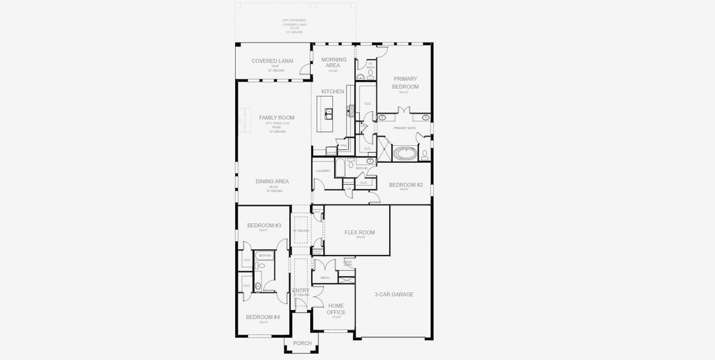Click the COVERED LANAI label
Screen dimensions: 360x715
coord(268,61)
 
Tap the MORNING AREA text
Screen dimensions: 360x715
coord(334,62)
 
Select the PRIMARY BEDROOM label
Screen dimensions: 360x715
coord(405,83)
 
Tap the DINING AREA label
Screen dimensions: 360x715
coord(272,182)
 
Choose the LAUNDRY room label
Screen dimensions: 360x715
coord(323,171)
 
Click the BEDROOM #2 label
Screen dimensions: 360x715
coord(406,185)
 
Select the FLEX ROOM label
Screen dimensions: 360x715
coord(359,232)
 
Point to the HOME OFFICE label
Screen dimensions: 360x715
coord(336,309)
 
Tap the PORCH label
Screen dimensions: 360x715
coord(302,344)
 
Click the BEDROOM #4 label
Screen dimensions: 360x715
coord(263,317)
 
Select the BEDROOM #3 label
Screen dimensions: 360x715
coord(264,226)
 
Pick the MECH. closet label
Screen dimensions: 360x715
coord(325,278)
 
